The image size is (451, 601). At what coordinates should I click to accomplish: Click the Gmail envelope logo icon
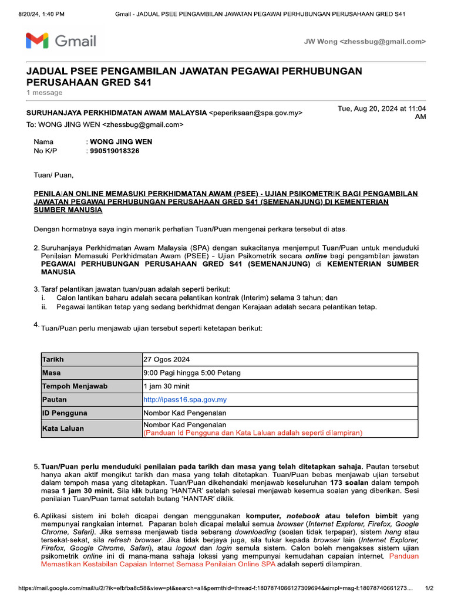pos(37,41)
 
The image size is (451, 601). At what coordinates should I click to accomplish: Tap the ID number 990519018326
pos(115,151)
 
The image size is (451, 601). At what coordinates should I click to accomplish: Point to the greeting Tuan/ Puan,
pos(53,174)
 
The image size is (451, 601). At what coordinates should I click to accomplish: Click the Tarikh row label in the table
pos(53,359)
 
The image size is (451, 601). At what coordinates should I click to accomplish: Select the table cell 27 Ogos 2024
pos(166,359)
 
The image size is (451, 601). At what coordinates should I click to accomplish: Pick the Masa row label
pos(52,373)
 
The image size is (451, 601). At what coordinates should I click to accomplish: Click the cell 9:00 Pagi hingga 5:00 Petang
pos(191,373)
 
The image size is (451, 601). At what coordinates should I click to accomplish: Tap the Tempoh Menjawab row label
pos(75,386)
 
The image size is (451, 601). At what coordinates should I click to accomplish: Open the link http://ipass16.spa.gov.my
pos(185,400)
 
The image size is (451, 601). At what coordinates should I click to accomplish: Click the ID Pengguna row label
pos(65,413)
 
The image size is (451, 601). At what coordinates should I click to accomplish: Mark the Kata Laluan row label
pos(63,428)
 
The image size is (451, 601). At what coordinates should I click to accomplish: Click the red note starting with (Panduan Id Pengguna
pos(253,433)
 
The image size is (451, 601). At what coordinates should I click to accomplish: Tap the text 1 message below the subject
pos(45,93)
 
